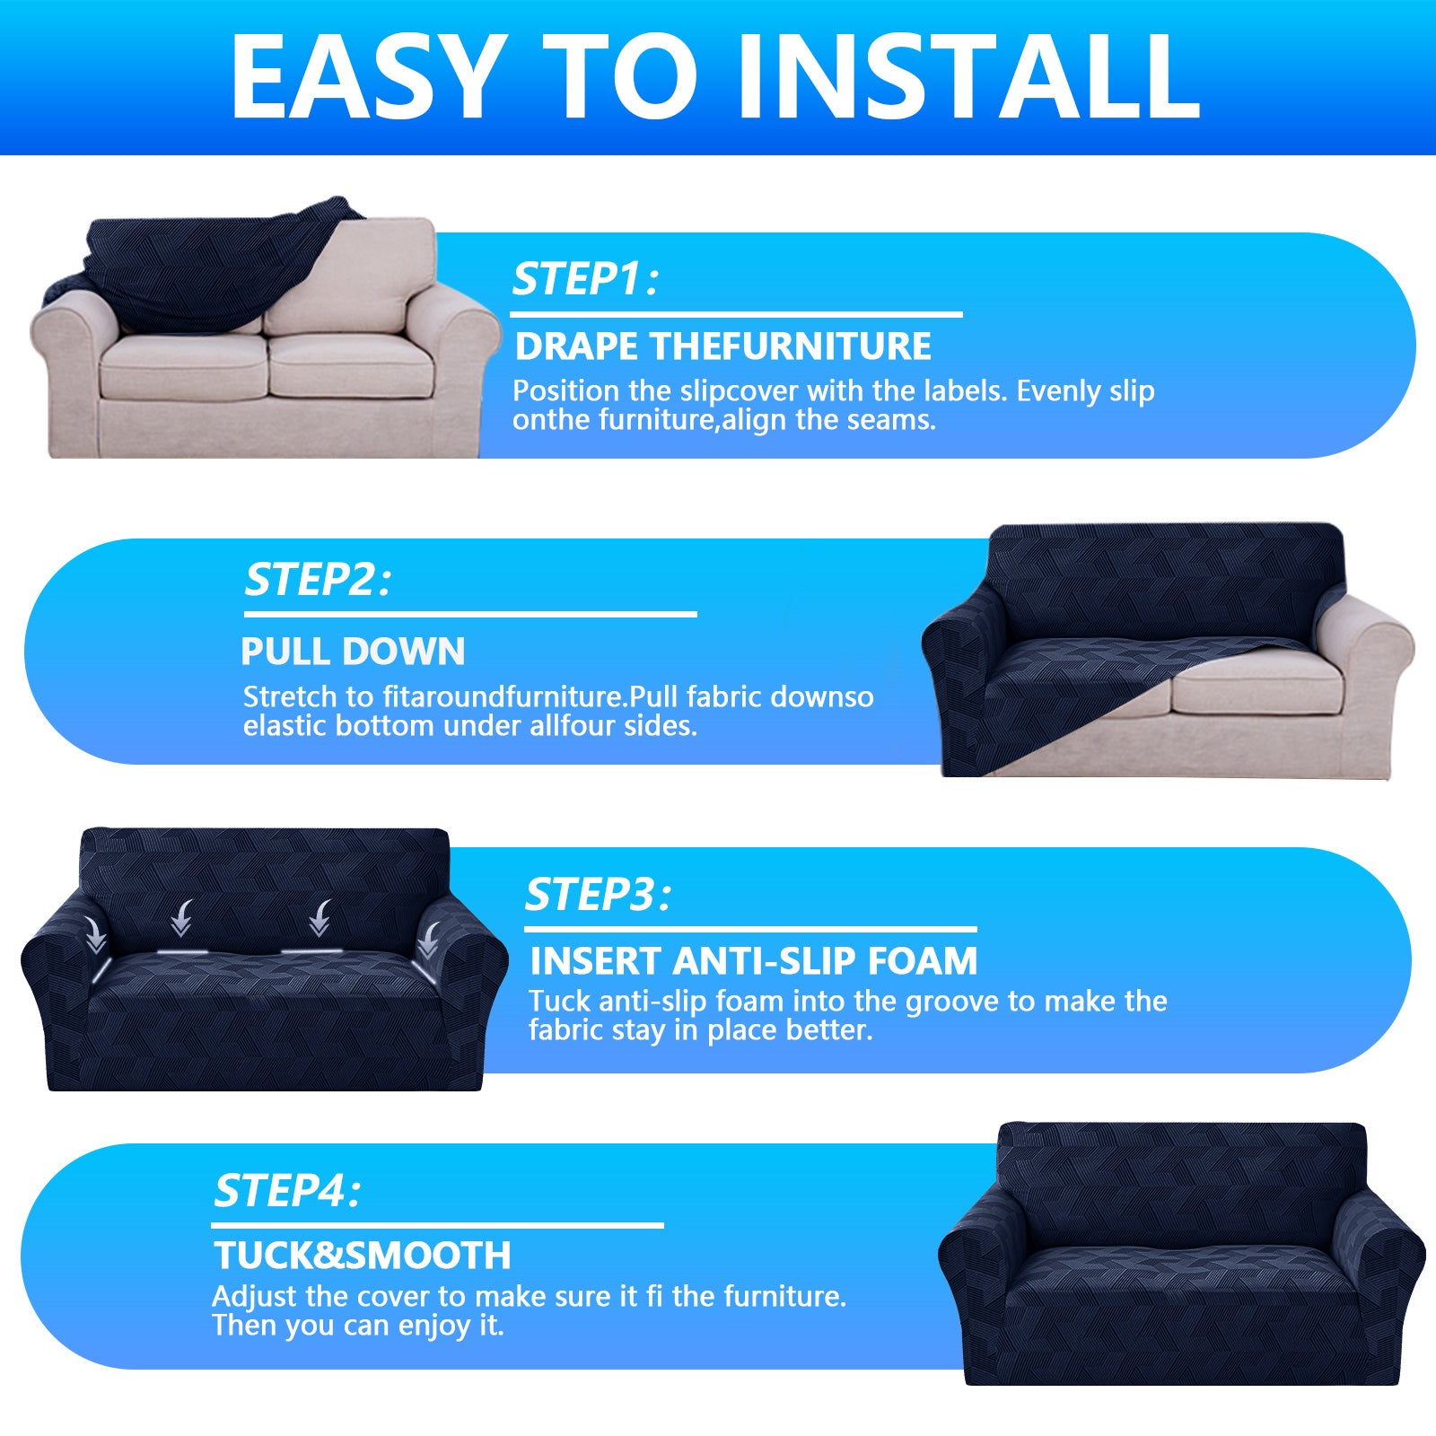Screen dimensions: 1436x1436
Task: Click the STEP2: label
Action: click(x=318, y=580)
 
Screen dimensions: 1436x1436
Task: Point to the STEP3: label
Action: click(x=598, y=895)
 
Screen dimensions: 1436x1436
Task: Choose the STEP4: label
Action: click(x=286, y=1192)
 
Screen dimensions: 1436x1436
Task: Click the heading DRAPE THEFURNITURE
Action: click(x=722, y=346)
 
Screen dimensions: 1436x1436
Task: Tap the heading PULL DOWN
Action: click(x=353, y=652)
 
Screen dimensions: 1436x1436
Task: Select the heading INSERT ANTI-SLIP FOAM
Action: click(x=753, y=961)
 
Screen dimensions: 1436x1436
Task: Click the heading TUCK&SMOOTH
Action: click(x=362, y=1256)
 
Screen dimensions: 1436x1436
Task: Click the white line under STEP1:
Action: click(x=736, y=314)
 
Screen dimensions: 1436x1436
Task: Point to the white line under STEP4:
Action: click(x=437, y=1225)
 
